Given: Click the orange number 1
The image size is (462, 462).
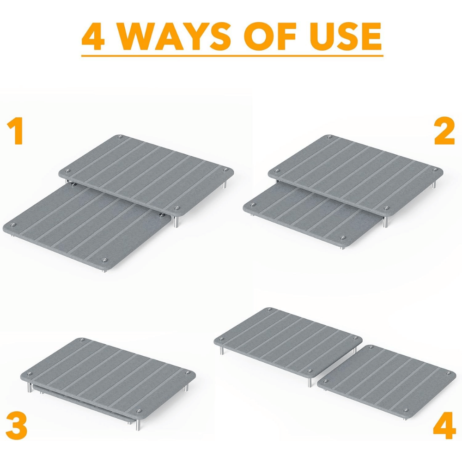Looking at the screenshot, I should tap(17, 132).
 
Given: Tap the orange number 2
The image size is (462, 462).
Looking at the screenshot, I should tap(444, 132).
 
